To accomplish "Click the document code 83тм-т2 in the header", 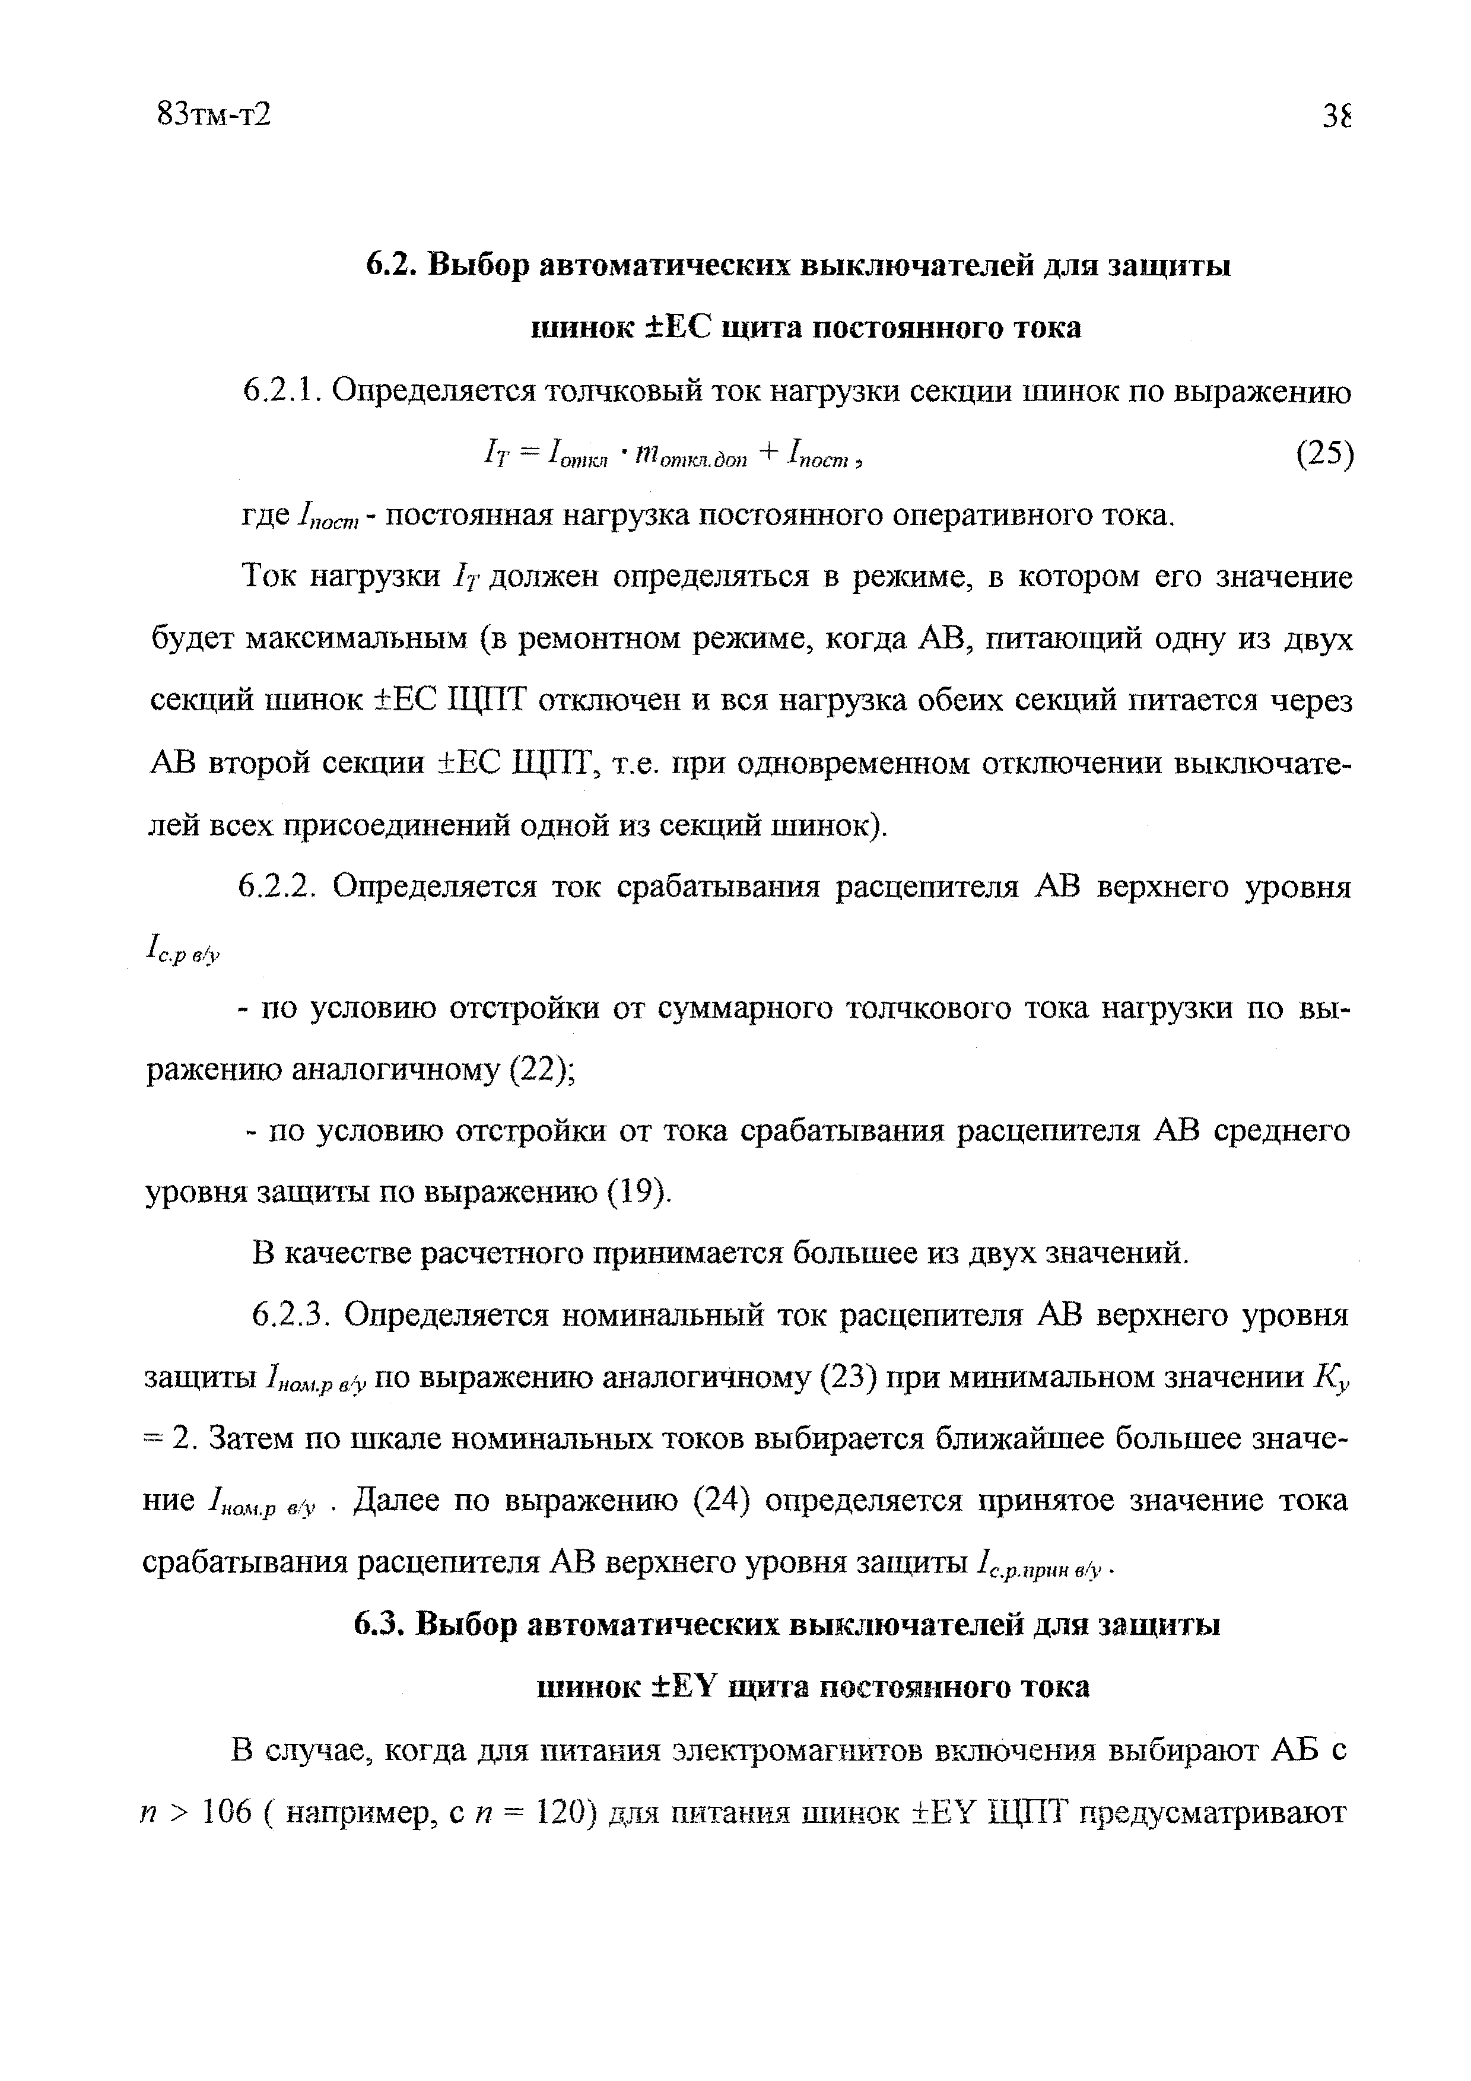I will (214, 115).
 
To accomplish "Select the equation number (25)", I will (1323, 454).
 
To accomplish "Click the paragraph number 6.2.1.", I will (280, 392).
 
